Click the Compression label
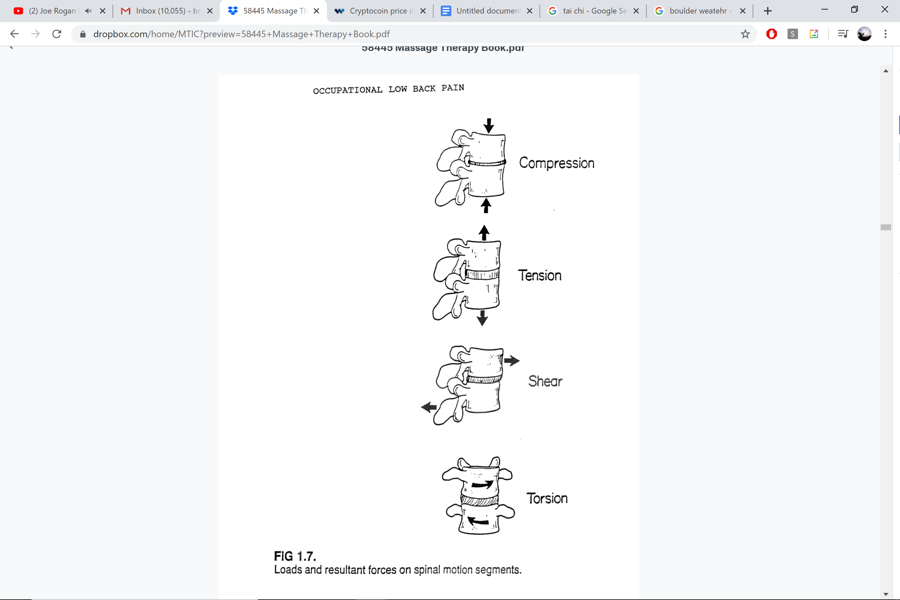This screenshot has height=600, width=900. (556, 163)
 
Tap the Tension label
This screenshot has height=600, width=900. (539, 276)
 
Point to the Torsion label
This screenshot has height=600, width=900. (547, 499)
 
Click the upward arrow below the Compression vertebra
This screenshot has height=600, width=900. (486, 206)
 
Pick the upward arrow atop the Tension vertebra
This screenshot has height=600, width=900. (484, 233)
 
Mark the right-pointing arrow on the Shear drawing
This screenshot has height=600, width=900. (512, 361)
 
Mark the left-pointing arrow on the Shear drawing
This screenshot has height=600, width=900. (429, 407)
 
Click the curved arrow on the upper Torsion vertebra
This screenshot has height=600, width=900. (482, 485)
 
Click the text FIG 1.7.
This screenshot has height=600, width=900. (295, 556)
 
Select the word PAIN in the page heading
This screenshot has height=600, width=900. (453, 88)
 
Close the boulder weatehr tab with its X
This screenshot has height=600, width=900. (743, 11)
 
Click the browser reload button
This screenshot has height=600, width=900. (57, 34)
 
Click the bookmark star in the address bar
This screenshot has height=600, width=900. (745, 34)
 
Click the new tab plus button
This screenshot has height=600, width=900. (768, 11)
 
